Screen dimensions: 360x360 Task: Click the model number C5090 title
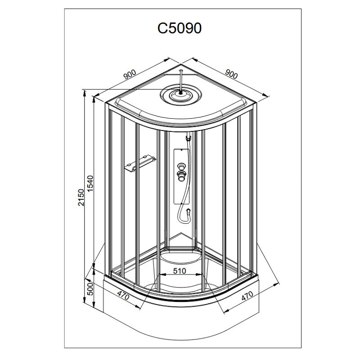180,28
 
